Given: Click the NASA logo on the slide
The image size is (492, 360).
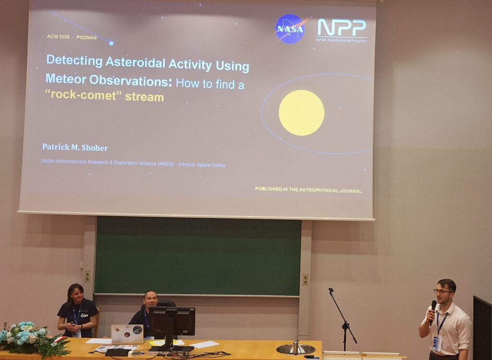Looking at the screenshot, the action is pos(290,29).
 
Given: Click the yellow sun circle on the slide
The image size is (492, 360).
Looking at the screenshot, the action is pos(301,113).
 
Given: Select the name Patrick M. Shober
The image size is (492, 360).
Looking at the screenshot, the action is pos(75,147).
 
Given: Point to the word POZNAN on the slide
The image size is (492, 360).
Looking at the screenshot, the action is pos(86,37).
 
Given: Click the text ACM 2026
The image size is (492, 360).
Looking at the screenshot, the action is pos(58,36).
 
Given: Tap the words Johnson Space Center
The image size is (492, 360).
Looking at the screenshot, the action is pos(201,165).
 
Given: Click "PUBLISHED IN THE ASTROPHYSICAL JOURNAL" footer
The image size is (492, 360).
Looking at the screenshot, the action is pos(308,190).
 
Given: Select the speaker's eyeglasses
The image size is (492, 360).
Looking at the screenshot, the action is pos(443,291).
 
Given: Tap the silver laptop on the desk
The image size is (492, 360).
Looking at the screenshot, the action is pos(127,334).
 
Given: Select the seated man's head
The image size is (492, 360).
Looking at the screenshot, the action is pos(151,300).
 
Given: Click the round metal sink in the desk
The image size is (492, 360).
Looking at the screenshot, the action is pos(295,348).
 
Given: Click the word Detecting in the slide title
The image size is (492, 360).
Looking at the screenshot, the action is pos(74,60).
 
